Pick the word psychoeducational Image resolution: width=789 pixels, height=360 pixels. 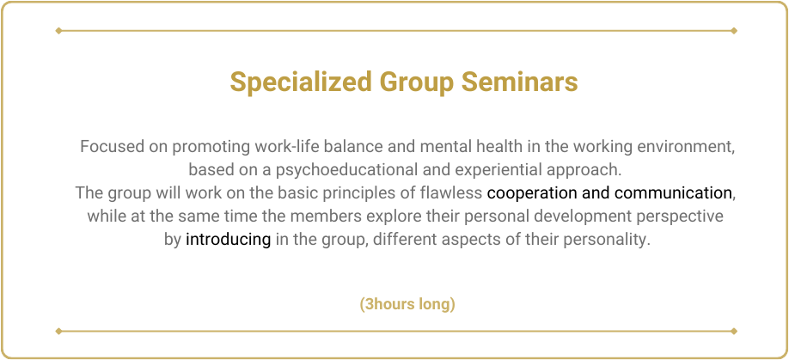(x=347, y=170)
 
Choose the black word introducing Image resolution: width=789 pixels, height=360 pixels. (x=228, y=240)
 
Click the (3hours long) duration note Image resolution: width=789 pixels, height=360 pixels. (x=407, y=305)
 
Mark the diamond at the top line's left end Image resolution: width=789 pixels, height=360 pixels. (x=58, y=31)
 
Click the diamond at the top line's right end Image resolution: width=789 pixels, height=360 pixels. (x=734, y=31)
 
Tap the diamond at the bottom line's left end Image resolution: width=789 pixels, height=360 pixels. (x=58, y=331)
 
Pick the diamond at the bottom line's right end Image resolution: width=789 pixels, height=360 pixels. (x=734, y=331)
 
